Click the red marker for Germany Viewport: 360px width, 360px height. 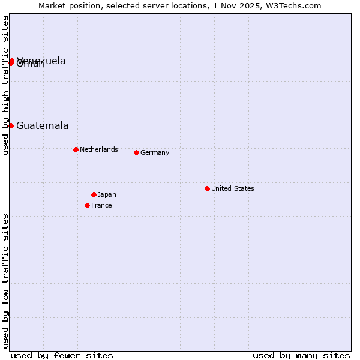136,152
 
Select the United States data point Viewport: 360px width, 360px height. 207,188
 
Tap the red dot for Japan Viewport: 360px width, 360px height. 94,194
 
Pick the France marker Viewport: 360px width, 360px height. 87,205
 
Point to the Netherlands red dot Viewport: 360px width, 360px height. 76,149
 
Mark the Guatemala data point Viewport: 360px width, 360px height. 11,125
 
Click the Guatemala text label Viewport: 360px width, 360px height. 42,126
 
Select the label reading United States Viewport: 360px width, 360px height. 233,188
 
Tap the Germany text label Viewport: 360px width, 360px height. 155,152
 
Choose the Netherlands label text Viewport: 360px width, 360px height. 99,149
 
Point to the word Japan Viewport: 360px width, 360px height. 107,194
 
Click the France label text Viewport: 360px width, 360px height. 101,205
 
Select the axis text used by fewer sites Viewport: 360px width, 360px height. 62,355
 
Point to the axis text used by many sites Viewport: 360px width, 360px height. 301,355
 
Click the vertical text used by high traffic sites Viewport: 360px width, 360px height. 6,85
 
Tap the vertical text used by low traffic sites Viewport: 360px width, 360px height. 6,280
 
